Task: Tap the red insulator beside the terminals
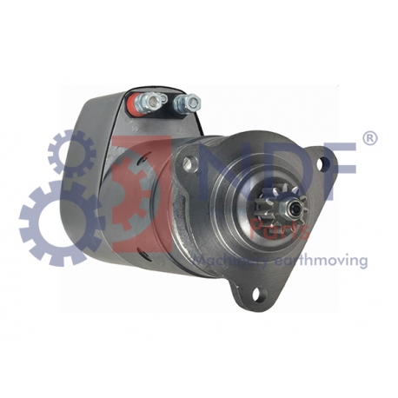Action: click(138, 103)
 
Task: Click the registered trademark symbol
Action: click(368, 139)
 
